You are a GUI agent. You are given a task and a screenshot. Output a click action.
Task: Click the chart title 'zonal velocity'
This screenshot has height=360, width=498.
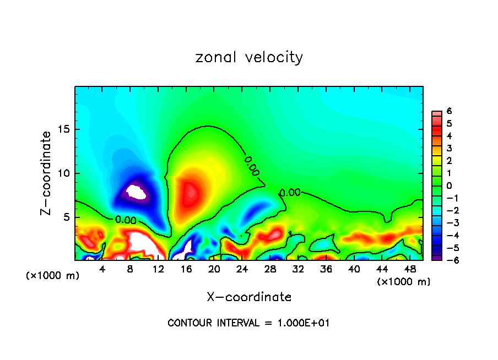pyautogui.click(x=249, y=57)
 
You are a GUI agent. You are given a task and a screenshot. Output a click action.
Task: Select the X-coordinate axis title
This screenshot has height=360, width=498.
pyautogui.click(x=249, y=297)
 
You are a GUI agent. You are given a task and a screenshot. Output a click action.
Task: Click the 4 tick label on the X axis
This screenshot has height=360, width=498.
pyautogui.click(x=102, y=269)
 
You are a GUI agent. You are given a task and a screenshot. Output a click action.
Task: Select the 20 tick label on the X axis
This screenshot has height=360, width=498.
pyautogui.click(x=214, y=269)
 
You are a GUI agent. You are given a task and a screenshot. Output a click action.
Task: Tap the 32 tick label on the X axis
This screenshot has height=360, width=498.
pyautogui.click(x=297, y=269)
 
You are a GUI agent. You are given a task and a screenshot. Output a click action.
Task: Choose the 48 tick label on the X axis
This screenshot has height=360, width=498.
pyautogui.click(x=409, y=269)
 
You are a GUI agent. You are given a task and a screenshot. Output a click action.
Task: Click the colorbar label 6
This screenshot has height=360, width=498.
pyautogui.click(x=450, y=111)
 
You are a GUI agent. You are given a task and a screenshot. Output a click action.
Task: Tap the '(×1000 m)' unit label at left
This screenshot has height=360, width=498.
pyautogui.click(x=53, y=276)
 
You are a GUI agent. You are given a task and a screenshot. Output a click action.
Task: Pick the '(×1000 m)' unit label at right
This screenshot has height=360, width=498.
pyautogui.click(x=404, y=282)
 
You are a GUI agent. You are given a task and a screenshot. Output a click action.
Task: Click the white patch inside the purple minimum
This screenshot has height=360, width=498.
pyautogui.click(x=136, y=193)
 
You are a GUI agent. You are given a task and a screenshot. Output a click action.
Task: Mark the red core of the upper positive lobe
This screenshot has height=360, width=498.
pyautogui.click(x=191, y=193)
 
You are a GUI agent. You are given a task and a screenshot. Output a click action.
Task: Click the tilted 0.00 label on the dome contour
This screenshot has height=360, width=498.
pyautogui.click(x=251, y=166)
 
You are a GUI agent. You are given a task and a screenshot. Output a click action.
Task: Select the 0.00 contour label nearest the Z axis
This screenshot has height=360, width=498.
pyautogui.click(x=126, y=220)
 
